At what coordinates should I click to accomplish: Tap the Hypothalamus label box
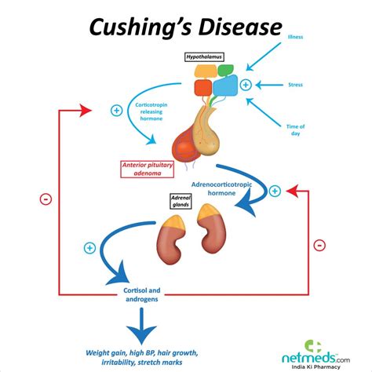205,57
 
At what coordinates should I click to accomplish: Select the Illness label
296,37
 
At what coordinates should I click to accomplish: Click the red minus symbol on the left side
46,199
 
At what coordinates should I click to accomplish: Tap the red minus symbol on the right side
319,245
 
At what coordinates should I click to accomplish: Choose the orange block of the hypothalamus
206,72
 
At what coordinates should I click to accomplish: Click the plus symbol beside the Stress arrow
246,84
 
